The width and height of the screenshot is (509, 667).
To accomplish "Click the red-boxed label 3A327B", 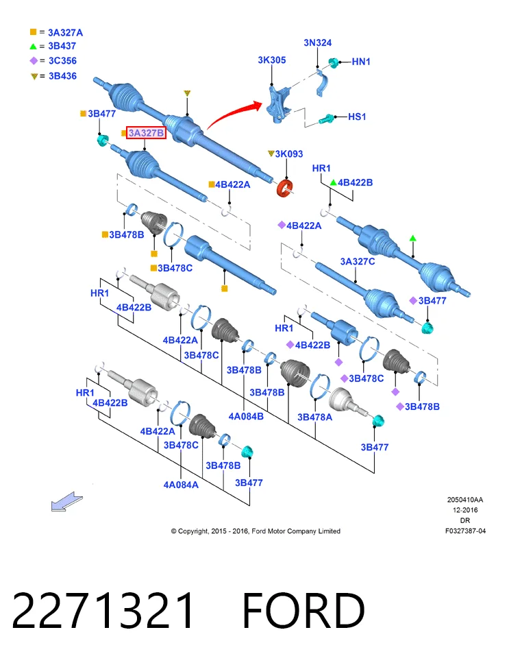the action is pyautogui.click(x=146, y=133).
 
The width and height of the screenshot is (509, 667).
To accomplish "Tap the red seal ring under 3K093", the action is pyautogui.click(x=286, y=188).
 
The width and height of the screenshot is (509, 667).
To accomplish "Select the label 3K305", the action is pyautogui.click(x=272, y=60).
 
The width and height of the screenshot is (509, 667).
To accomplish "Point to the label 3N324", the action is pyautogui.click(x=318, y=43).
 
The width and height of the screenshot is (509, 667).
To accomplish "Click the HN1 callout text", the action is pyautogui.click(x=361, y=62).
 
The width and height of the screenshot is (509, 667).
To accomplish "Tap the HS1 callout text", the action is pyautogui.click(x=357, y=117).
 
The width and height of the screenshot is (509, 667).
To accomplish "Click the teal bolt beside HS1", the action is pyautogui.click(x=327, y=119).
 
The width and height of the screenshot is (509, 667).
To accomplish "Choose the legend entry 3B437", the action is pyautogui.click(x=62, y=46).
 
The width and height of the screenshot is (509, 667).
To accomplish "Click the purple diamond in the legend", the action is pyautogui.click(x=34, y=61).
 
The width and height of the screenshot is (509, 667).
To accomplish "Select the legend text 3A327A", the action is pyautogui.click(x=66, y=33).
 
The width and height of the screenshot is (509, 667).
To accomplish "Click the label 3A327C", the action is pyautogui.click(x=357, y=261).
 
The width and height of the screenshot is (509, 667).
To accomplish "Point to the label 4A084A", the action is pyautogui.click(x=181, y=485).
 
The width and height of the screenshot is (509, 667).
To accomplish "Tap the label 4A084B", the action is pyautogui.click(x=246, y=416).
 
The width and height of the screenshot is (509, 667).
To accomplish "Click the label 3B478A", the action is pyautogui.click(x=314, y=417).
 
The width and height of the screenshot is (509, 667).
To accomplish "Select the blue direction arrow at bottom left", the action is pyautogui.click(x=66, y=502).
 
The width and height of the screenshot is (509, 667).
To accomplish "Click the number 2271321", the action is pyautogui.click(x=103, y=610).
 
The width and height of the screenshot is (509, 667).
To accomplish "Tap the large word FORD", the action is pyautogui.click(x=303, y=610).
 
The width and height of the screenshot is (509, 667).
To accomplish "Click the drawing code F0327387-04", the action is pyautogui.click(x=465, y=531).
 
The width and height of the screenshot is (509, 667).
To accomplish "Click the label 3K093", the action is pyautogui.click(x=288, y=154).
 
